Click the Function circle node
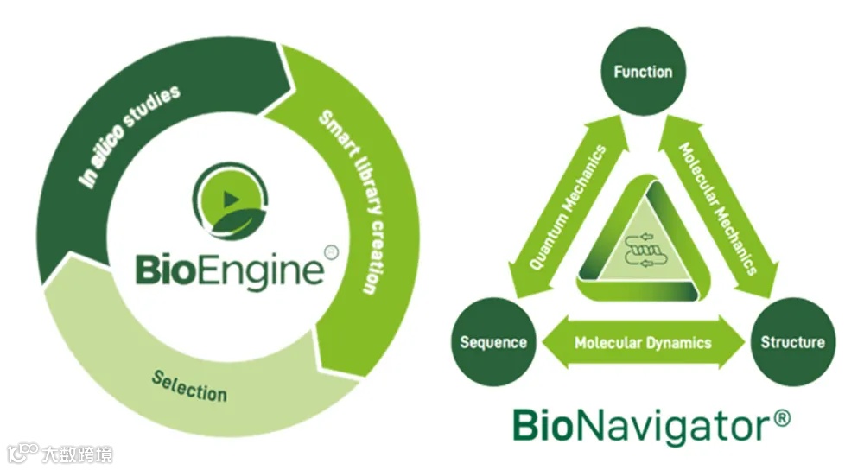[x=643, y=73]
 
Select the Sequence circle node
[x=493, y=342]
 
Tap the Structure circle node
[x=791, y=342]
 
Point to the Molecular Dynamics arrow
[x=643, y=342]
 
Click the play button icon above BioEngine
[x=230, y=200]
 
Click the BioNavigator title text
[x=639, y=426]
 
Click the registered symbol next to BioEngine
[x=331, y=251]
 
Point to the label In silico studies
[x=129, y=135]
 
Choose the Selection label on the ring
[x=189, y=385]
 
